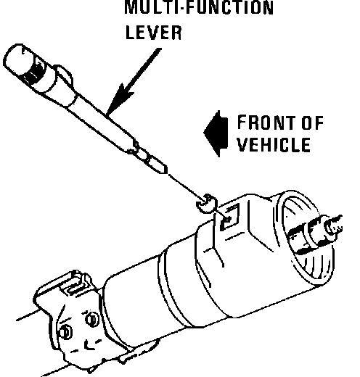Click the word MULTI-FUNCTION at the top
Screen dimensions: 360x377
(x=199, y=7)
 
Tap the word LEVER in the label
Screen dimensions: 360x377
(x=154, y=33)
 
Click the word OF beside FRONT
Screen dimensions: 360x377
(x=313, y=123)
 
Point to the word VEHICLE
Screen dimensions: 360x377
(x=274, y=144)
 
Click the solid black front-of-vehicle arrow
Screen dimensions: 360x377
(x=216, y=133)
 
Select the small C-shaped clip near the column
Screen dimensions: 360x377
(x=206, y=204)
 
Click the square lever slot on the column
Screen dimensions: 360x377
(x=229, y=217)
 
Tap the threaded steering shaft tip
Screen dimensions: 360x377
(x=335, y=225)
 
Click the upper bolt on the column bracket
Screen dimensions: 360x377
(x=92, y=319)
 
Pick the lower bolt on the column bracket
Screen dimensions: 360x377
(x=65, y=332)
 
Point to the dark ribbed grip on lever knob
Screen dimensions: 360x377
(x=33, y=70)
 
